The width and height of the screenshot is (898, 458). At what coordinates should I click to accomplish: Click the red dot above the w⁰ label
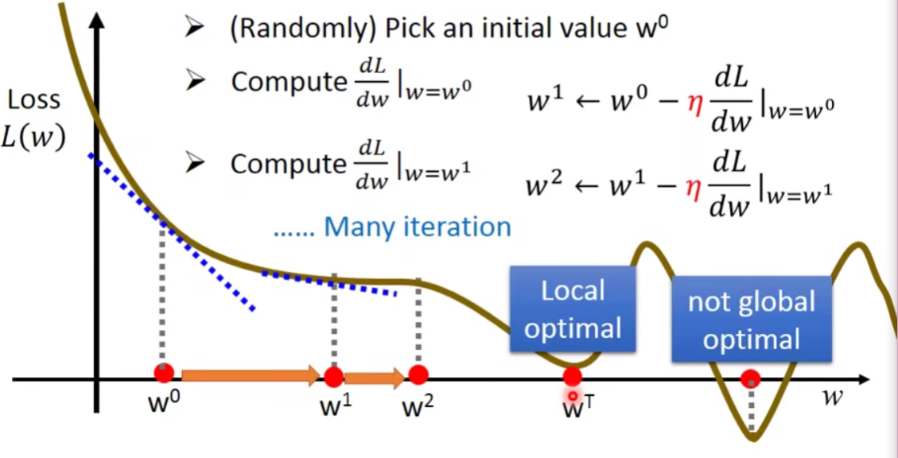164,373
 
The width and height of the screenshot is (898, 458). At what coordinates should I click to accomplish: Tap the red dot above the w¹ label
334,376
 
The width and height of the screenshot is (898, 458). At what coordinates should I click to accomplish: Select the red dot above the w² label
418,375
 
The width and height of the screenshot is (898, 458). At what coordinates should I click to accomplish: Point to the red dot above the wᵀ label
573,377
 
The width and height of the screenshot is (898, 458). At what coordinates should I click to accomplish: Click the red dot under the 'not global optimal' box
750,379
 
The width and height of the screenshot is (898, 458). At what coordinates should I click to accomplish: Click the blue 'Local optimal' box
573,309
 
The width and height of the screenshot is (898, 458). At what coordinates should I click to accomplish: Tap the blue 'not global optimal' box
751,320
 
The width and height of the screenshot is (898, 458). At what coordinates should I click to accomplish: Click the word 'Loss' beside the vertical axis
33,100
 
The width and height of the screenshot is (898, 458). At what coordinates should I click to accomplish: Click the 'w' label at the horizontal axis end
832,396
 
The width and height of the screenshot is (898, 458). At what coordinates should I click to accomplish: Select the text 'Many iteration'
418,227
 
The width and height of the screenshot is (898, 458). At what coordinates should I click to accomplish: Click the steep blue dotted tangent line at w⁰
171,231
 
